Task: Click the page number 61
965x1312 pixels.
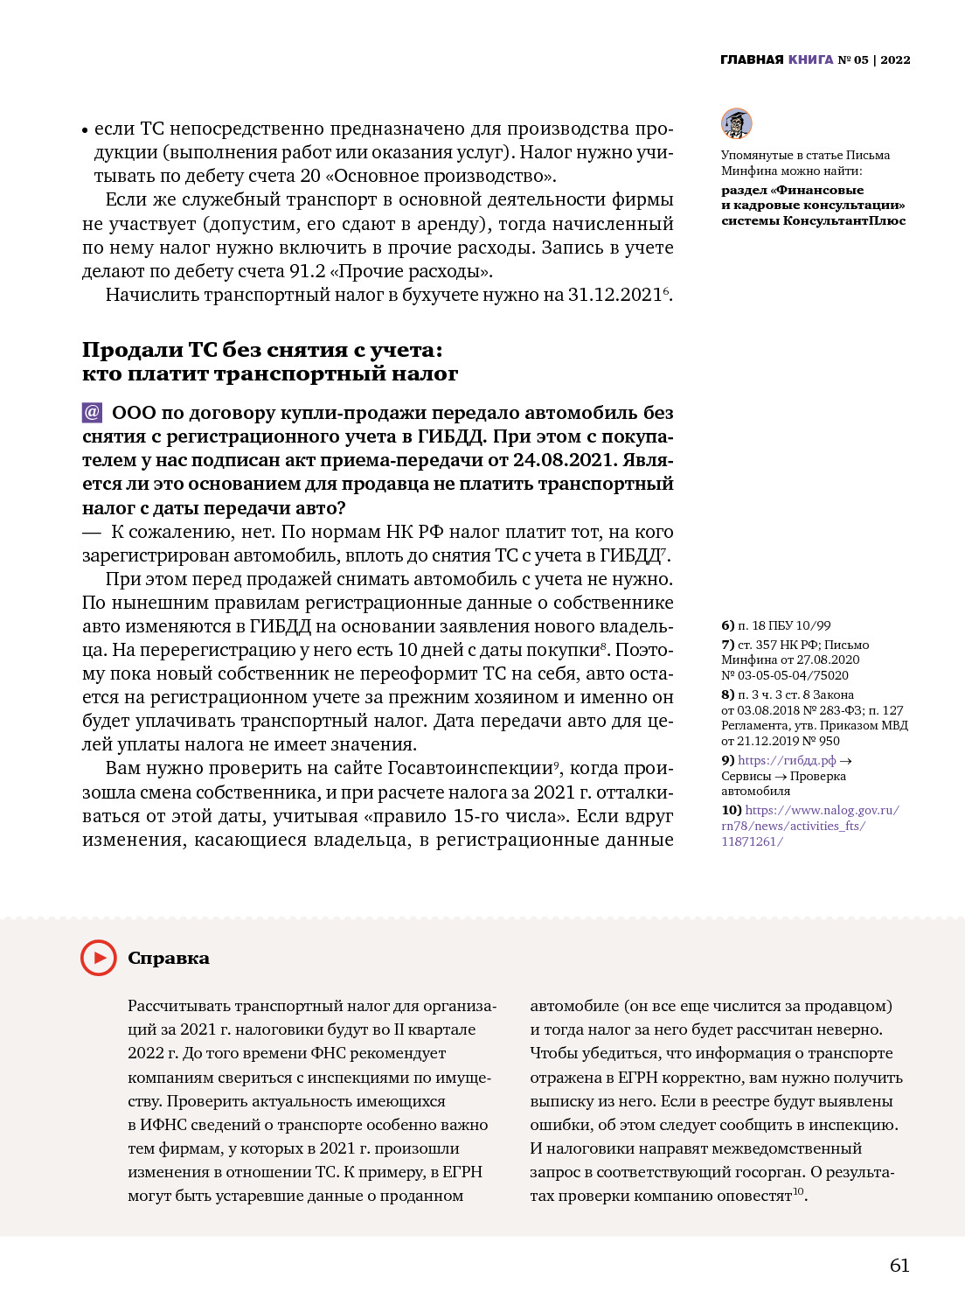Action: (x=899, y=1266)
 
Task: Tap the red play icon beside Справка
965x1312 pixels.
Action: (x=99, y=958)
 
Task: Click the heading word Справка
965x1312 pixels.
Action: (x=169, y=958)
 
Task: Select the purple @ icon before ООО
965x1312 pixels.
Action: (x=92, y=412)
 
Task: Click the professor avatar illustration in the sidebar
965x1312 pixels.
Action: (x=736, y=123)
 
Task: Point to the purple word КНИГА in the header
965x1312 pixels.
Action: (x=810, y=59)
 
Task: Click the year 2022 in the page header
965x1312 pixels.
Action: (x=895, y=59)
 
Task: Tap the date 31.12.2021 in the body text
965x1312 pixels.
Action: (x=614, y=295)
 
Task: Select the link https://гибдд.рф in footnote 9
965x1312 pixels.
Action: (x=787, y=760)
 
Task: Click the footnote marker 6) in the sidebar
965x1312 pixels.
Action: (x=727, y=625)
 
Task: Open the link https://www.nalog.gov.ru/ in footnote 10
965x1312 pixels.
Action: (x=822, y=810)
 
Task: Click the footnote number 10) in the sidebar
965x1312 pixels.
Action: (x=731, y=810)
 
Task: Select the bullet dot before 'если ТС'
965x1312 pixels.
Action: (x=86, y=130)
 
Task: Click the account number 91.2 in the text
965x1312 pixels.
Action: (x=308, y=271)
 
